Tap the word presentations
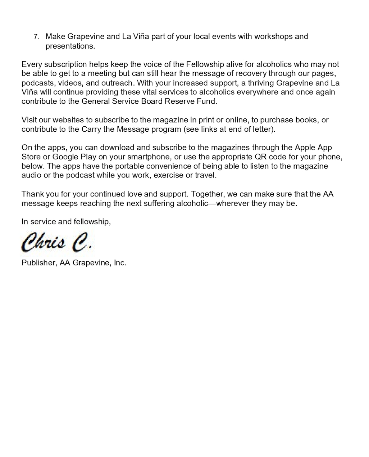click(x=70, y=46)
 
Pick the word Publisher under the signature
click(x=38, y=263)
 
